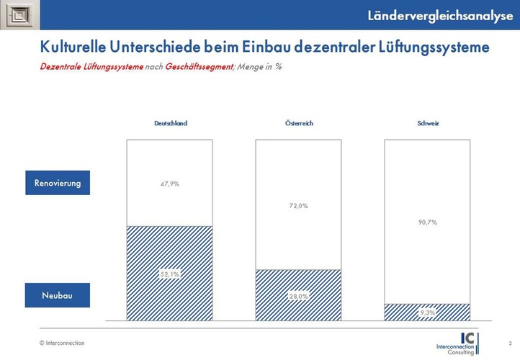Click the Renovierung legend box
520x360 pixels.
[x=57, y=183]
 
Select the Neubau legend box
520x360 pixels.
[x=57, y=295]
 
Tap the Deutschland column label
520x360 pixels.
[x=170, y=123]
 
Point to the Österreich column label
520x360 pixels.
[x=299, y=123]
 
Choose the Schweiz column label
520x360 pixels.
[x=428, y=123]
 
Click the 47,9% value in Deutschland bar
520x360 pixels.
[x=170, y=184]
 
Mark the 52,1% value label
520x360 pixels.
[x=170, y=274]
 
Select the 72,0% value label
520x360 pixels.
[x=299, y=206]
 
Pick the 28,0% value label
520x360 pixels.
[x=299, y=296]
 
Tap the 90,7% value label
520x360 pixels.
[x=428, y=222]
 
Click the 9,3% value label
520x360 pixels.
[x=428, y=312]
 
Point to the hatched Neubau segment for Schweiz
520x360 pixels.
[x=403, y=312]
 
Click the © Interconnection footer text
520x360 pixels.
[x=62, y=343]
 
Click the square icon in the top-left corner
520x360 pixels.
[x=17, y=15]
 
